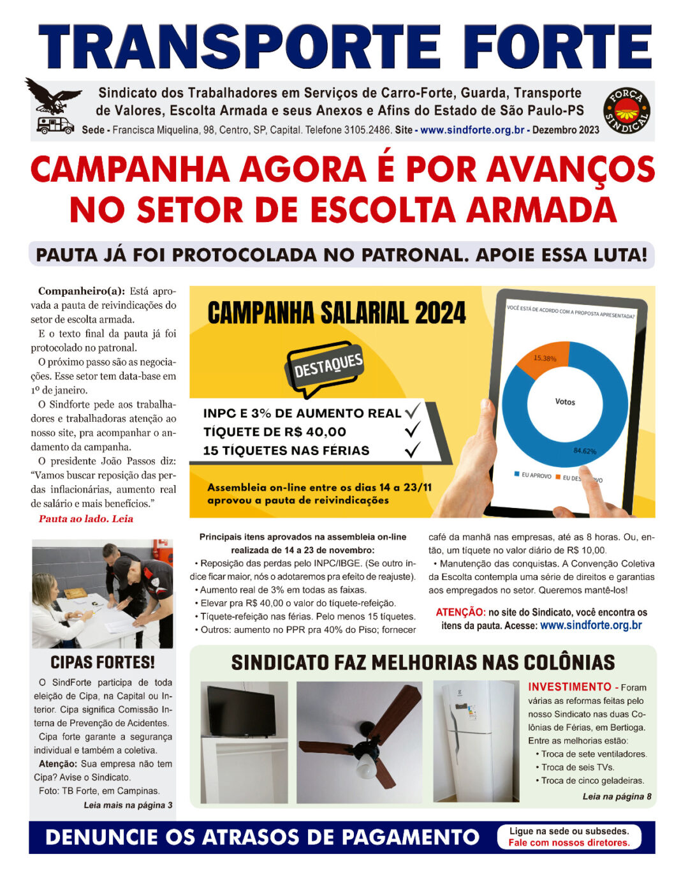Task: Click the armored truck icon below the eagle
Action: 55,124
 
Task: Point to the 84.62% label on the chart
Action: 584,451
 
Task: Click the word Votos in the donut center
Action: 565,402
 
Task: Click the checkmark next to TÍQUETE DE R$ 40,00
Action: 413,431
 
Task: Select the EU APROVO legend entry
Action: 533,475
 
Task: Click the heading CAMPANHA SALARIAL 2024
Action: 337,313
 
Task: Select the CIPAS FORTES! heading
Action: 103,662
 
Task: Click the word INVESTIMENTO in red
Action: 569,687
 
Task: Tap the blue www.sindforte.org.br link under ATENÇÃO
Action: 590,625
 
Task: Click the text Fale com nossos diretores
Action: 569,842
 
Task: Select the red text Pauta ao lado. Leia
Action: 86,519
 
